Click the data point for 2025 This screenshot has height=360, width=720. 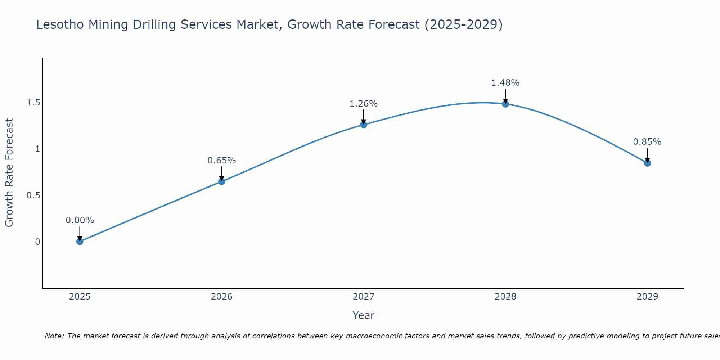[80, 241]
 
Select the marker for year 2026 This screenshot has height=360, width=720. [222, 181]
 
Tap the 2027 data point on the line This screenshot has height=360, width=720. [364, 125]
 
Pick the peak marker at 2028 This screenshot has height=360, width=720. [505, 104]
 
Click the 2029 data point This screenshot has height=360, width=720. [647, 163]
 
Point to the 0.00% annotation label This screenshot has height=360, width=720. [80, 220]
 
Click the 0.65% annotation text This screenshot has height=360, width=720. [222, 161]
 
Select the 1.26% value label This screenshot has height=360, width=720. [364, 104]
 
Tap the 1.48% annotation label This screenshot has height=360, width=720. [505, 83]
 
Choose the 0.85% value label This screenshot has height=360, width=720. [647, 142]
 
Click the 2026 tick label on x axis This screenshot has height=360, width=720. [222, 297]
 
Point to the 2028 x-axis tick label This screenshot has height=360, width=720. [505, 297]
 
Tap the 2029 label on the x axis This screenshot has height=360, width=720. [647, 297]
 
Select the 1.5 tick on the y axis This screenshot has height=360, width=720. [33, 103]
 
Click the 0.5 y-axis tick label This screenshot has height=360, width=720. [33, 195]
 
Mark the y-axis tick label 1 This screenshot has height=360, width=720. [37, 149]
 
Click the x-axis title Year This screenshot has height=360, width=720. [364, 315]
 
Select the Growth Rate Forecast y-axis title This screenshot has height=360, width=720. [9, 173]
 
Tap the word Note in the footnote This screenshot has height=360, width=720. [54, 336]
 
